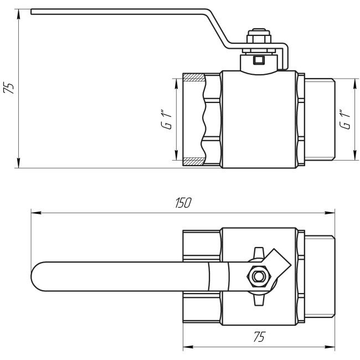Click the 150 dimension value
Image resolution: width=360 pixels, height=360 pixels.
coord(183,203)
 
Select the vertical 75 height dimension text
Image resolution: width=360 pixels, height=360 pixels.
coord(9,88)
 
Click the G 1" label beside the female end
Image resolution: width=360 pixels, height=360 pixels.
coord(164,120)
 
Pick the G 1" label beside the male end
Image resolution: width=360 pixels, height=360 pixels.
coord(344,119)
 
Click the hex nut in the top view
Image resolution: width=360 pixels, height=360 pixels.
coord(257,275)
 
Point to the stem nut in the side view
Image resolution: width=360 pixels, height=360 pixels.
coord(258,41)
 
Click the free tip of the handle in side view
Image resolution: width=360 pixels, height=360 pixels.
coord(33,11)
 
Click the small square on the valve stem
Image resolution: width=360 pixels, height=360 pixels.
coord(258,60)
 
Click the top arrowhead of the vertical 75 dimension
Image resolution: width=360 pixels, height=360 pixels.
coord(19,13)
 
